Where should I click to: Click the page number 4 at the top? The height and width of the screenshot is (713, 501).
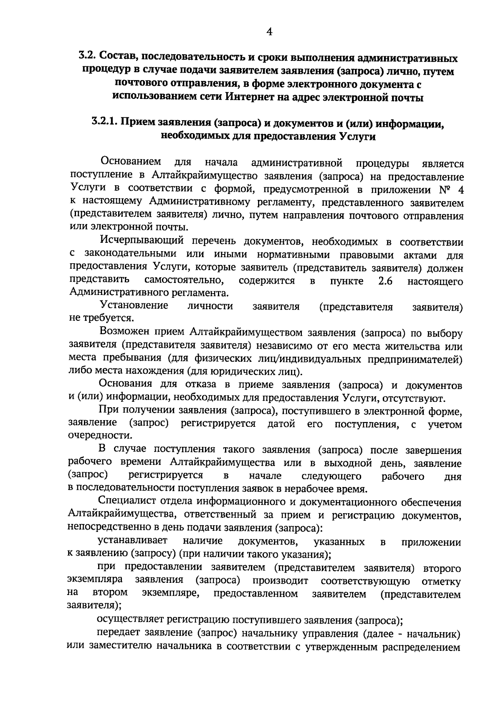[269, 32]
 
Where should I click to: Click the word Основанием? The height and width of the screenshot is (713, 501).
[131, 161]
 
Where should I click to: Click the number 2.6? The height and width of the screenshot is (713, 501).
[385, 281]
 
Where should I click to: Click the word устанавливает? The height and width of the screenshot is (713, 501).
[132, 541]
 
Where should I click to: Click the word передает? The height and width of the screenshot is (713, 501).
[118, 633]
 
